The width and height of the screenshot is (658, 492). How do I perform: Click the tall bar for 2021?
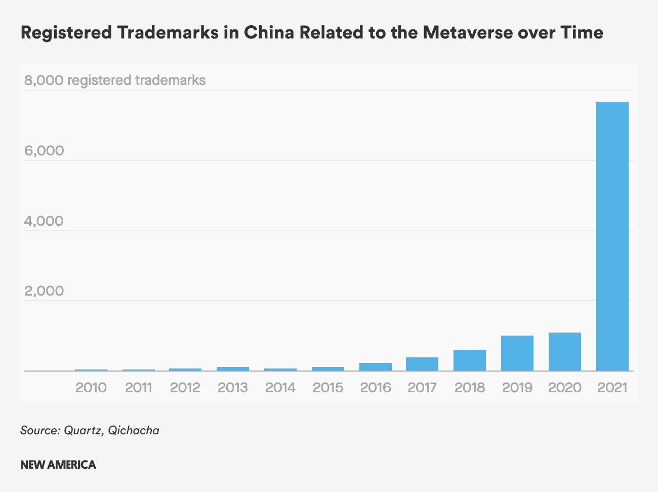[x=612, y=236]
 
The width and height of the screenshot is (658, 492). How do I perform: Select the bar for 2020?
[x=564, y=352]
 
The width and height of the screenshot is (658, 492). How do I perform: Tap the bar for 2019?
[x=517, y=353]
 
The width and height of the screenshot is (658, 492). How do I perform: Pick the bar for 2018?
[x=469, y=360]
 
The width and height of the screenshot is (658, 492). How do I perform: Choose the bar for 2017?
[x=422, y=364]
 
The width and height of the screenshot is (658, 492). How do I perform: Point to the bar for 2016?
[x=375, y=367]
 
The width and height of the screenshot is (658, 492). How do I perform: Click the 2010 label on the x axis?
[x=91, y=388]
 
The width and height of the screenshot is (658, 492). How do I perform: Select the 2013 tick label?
[x=233, y=388]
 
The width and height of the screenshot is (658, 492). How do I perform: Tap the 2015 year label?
[x=327, y=388]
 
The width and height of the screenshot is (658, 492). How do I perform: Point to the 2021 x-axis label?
[x=612, y=388]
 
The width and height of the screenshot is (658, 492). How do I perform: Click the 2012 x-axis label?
[x=185, y=388]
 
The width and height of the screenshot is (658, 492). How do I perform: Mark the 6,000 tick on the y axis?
[x=44, y=151]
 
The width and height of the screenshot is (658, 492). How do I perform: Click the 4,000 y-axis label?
[x=44, y=221]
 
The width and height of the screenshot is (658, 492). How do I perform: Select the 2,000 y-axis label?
[x=44, y=291]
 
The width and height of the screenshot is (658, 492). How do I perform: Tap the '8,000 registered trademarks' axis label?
[x=115, y=80]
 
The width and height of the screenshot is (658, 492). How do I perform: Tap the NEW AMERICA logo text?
[x=58, y=465]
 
